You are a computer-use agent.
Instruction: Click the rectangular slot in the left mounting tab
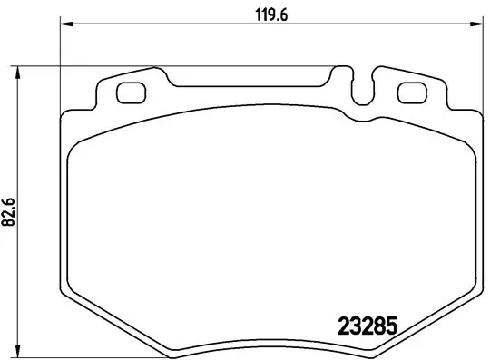[132, 92]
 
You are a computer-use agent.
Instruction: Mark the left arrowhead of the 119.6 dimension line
[64, 25]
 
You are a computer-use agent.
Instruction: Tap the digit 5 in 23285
[395, 324]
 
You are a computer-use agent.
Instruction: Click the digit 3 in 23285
[358, 324]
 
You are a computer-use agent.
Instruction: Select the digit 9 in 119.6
[271, 14]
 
